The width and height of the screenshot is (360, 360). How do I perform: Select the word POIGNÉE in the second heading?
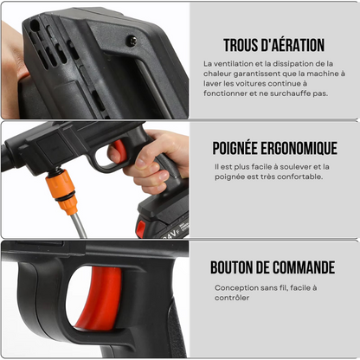[x=237, y=148]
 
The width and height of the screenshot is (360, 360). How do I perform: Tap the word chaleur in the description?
[x=222, y=74]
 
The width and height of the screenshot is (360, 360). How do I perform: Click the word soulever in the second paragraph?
[x=288, y=166]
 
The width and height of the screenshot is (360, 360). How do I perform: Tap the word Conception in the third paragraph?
[x=236, y=288]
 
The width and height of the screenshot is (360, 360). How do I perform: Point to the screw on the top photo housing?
[x=132, y=41]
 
